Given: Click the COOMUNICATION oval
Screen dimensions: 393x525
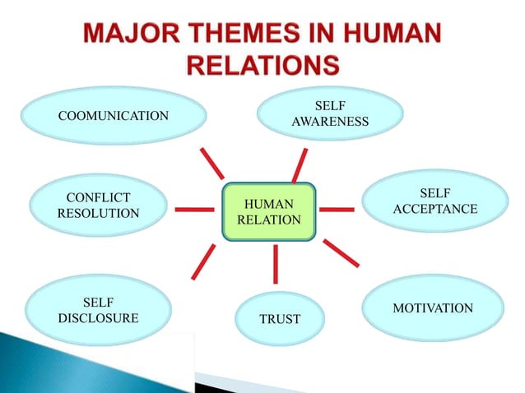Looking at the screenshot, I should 114,116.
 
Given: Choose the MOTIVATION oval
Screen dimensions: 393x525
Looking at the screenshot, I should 432,308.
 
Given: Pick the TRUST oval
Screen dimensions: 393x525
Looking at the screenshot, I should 280,318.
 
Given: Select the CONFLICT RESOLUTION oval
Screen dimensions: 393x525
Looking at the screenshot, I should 97,206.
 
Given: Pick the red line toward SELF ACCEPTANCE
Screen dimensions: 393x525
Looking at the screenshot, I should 336,209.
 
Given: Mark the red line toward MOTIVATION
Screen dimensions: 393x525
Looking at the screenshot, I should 341,252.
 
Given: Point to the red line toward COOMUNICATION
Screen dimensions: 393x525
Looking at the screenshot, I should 211,164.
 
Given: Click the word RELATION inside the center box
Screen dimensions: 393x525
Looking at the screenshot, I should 269,220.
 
